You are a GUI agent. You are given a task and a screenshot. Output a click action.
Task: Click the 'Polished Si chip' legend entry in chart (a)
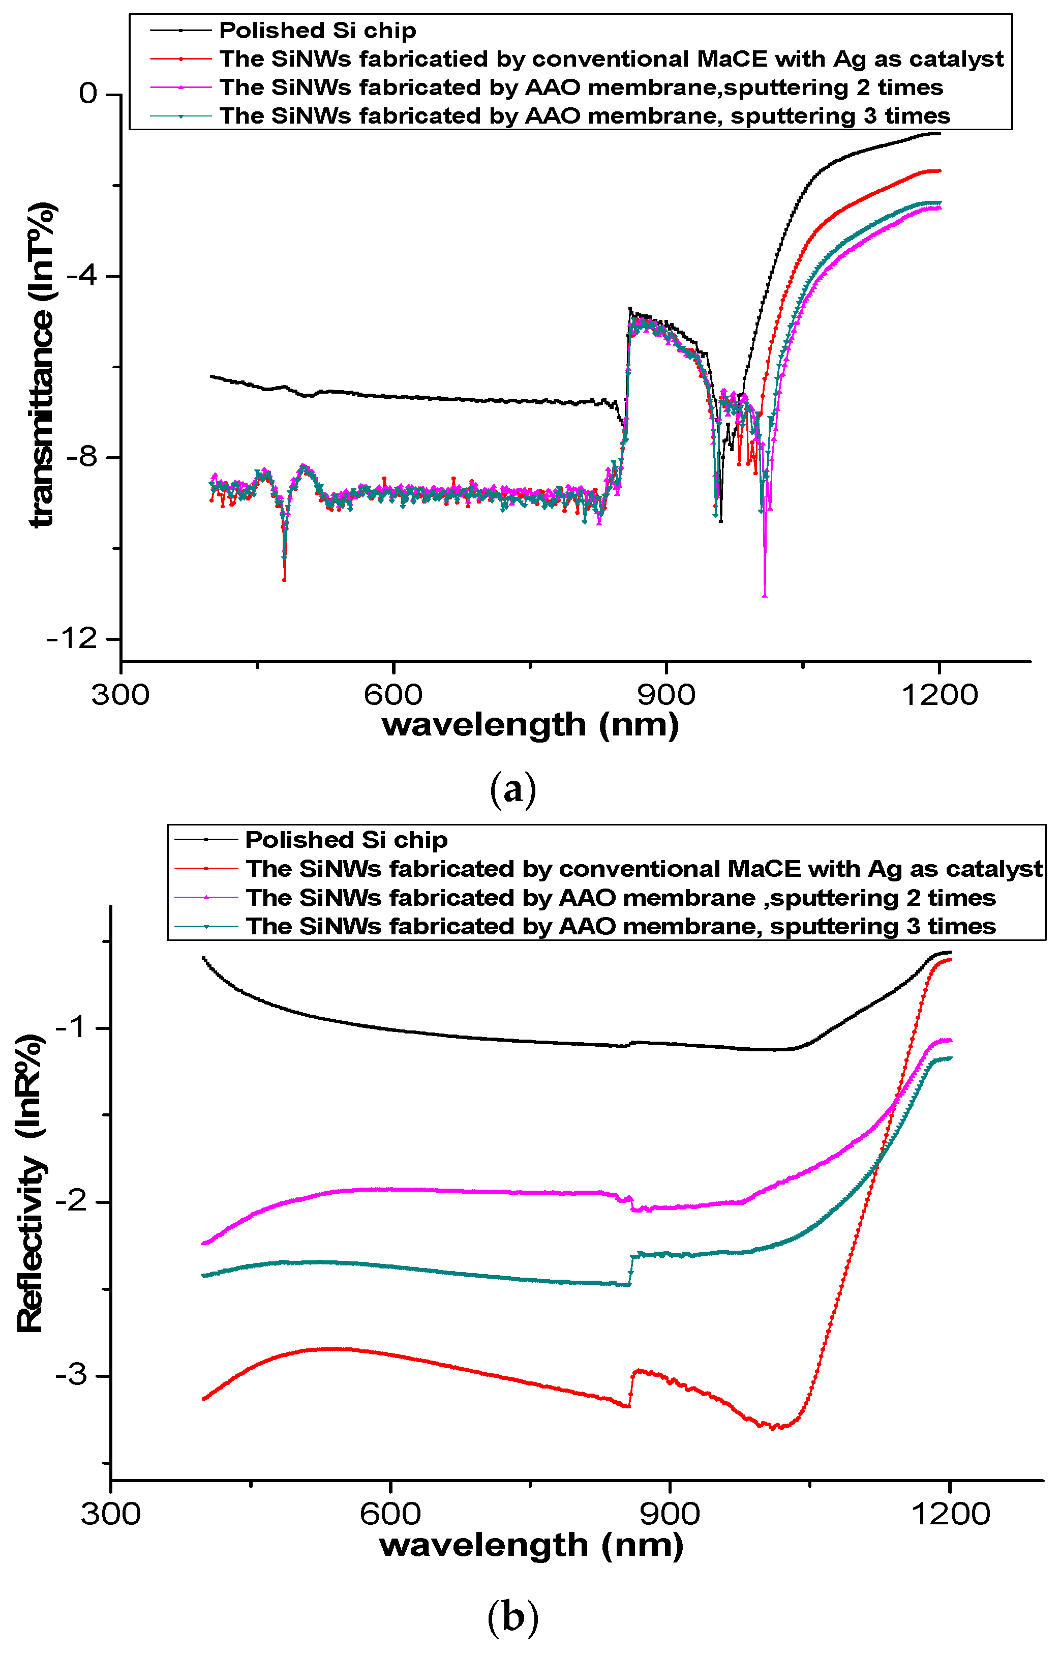(x=317, y=31)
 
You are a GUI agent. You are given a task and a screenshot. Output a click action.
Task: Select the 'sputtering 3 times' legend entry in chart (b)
(x=620, y=926)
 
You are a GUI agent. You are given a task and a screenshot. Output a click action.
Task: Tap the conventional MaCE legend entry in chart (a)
(x=611, y=59)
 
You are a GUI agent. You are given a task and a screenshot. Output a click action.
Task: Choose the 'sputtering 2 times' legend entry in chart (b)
(x=620, y=898)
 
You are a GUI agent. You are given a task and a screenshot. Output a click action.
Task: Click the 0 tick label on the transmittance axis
(x=88, y=93)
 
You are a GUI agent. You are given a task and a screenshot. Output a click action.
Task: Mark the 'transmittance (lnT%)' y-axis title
(x=41, y=365)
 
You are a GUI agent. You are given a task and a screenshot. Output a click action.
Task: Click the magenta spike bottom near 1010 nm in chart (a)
(x=765, y=596)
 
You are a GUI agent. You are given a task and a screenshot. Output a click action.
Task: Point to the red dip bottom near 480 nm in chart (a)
(x=284, y=580)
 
